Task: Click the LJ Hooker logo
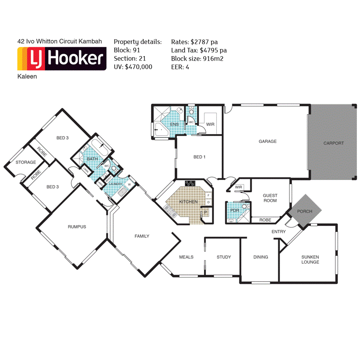(x=62, y=59)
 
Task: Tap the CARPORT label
(x=333, y=143)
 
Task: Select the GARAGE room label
(x=267, y=141)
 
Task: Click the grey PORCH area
(x=304, y=211)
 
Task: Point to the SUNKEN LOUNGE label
(x=310, y=260)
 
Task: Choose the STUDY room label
(x=224, y=257)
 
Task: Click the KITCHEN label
(x=188, y=202)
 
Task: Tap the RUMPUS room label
(x=77, y=227)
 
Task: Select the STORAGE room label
(x=25, y=163)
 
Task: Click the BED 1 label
(x=199, y=157)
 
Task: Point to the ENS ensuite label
(x=174, y=124)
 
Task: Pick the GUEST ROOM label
(x=270, y=198)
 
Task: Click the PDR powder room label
(x=234, y=211)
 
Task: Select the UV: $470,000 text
(x=133, y=67)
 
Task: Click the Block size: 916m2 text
(x=197, y=59)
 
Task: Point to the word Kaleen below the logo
(x=27, y=76)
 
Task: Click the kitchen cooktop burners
(x=190, y=183)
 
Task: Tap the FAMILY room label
(x=142, y=236)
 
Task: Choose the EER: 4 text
(x=180, y=67)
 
